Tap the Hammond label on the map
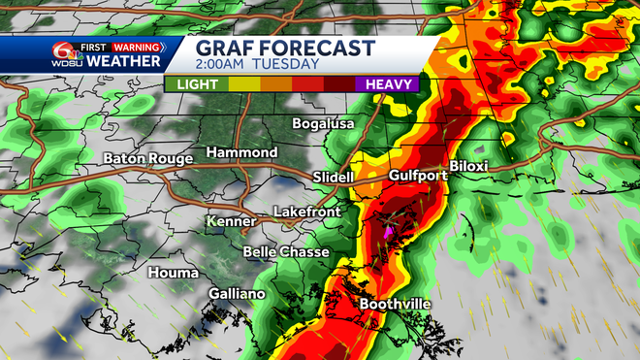coord(241,153)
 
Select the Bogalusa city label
coord(325,124)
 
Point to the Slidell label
coord(335,177)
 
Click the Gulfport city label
coord(418,176)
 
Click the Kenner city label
coord(231,222)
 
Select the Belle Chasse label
coord(285,251)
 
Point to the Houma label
coord(173,273)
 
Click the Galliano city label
coord(237,294)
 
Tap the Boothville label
coord(396,305)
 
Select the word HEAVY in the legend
coord(391,84)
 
